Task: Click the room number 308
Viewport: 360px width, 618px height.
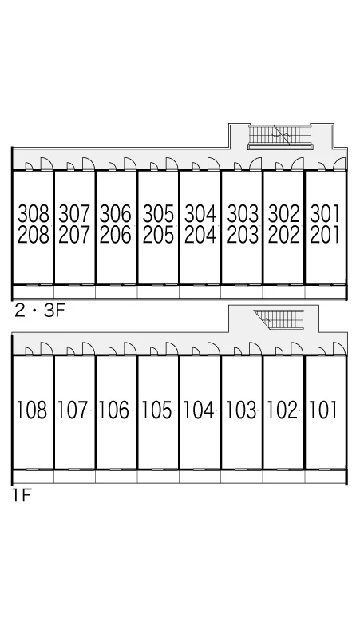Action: (x=34, y=214)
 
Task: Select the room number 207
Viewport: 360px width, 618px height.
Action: (x=74, y=235)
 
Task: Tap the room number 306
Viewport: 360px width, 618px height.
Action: (x=116, y=214)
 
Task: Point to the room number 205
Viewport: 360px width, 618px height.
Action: (x=158, y=235)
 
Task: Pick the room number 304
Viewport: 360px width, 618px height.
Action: (x=200, y=214)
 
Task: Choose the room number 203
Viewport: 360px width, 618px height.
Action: (x=243, y=235)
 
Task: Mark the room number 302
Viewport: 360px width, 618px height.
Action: (x=284, y=214)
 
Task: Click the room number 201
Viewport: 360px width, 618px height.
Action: (x=325, y=235)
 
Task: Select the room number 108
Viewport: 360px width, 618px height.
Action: (x=32, y=410)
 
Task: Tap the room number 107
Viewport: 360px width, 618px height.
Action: (x=73, y=410)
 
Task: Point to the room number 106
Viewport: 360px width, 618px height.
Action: (x=114, y=410)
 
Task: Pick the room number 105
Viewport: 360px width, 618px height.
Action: (x=156, y=410)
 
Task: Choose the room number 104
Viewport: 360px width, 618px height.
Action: (x=199, y=410)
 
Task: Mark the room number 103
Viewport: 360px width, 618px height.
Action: (x=241, y=410)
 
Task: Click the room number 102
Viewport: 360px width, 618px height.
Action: (x=283, y=410)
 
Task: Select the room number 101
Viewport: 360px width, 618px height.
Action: (x=323, y=410)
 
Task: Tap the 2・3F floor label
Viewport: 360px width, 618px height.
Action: (x=39, y=311)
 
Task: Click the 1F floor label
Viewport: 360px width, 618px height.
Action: (x=22, y=495)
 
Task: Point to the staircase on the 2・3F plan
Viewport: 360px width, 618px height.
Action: (x=281, y=137)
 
